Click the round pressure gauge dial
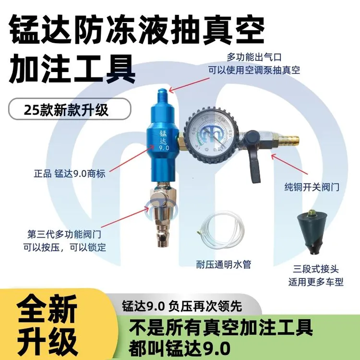(x=210, y=134)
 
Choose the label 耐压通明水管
(x=224, y=264)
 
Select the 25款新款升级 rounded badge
(x=70, y=109)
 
